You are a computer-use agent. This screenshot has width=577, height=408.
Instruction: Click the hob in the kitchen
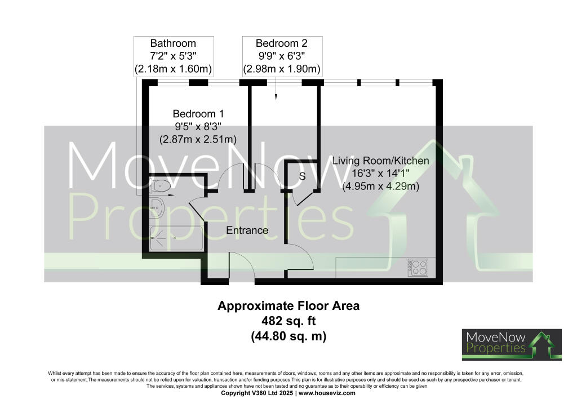[419, 267]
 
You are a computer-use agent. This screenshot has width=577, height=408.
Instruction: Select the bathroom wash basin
[157, 208]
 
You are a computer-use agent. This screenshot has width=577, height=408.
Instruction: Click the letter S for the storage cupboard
[302, 176]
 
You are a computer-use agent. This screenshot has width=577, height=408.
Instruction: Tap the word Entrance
[247, 230]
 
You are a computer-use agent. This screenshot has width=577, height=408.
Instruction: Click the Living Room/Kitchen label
[380, 161]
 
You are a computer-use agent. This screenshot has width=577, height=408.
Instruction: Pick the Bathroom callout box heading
[173, 43]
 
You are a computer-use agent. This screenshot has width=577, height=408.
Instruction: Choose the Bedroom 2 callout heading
[282, 43]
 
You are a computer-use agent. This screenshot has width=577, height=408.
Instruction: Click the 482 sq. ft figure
[288, 321]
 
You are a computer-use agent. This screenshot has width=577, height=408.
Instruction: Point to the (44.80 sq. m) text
[288, 336]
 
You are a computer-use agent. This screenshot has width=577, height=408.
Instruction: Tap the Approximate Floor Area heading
[288, 306]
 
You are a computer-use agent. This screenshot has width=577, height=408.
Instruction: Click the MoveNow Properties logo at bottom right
[512, 344]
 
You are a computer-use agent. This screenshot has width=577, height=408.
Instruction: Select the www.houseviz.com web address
[327, 393]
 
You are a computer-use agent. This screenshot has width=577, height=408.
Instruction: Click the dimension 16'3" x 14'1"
[380, 174]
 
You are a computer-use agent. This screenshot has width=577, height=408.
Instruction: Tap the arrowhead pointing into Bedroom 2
[276, 97]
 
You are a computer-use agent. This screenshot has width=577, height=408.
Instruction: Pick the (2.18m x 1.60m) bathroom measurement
[173, 69]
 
